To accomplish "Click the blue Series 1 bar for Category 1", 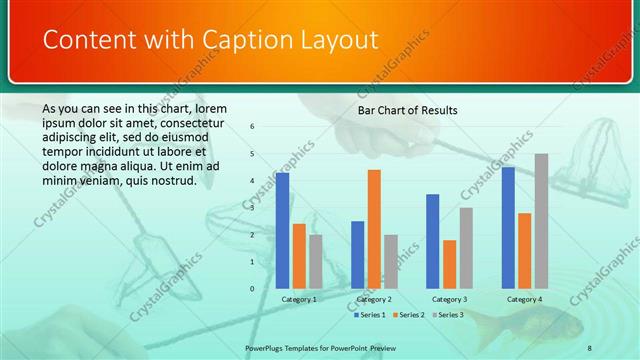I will tap(283, 230).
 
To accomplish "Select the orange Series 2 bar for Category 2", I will tap(374, 228).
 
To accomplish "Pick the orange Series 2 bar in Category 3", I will tap(450, 263).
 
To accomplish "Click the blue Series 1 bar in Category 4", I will tap(508, 227).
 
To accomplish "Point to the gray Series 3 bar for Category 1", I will tap(316, 261).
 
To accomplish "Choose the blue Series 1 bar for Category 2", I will tap(358, 254).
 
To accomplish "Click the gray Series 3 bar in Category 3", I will tap(466, 247).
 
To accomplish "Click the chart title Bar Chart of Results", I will tap(407, 110).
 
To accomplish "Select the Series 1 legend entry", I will tap(371, 314).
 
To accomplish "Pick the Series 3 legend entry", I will tap(449, 314).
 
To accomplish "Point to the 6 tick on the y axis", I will tap(253, 127).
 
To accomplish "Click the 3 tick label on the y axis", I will tap(253, 208).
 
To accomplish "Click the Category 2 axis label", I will tap(374, 299).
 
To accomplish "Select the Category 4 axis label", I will tap(524, 299).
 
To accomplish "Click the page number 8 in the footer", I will tap(589, 347).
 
